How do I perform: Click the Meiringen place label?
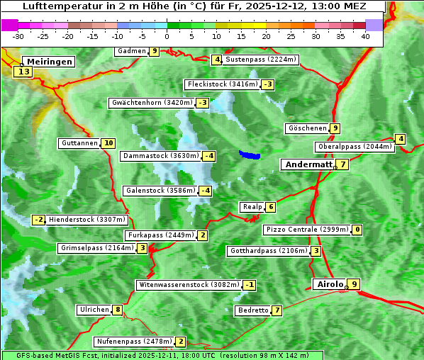pos(48,62)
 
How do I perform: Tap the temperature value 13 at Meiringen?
pos(23,72)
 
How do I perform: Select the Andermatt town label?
pos(308,164)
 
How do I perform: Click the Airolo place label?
pos(329,284)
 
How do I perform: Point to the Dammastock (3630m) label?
pos(160,156)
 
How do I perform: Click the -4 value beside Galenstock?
pos(205,191)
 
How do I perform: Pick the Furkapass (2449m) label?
pos(160,235)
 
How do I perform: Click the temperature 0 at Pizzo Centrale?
pos(357,230)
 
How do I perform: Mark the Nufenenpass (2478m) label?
pos(134,342)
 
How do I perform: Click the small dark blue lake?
pos(250,154)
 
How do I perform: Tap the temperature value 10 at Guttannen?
pos(108,143)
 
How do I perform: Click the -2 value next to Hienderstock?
pos(39,220)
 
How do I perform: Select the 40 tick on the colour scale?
pos(365,36)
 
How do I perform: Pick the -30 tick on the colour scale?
pos(18,36)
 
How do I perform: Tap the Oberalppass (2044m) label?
pos(355,147)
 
